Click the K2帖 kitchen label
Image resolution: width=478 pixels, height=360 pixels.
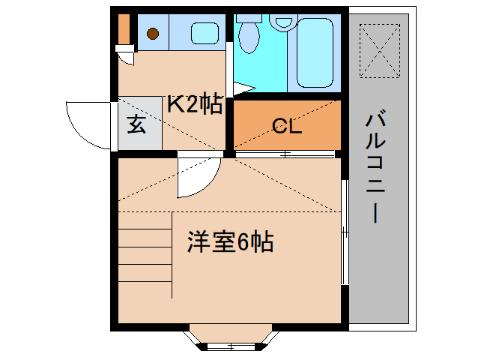194,104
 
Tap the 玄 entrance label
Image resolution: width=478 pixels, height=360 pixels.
136,124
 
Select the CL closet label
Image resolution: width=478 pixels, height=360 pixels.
286,126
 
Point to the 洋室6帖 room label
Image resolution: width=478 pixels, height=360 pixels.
229,241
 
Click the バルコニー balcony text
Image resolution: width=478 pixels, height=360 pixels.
377,167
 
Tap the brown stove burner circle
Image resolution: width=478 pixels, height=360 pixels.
153,33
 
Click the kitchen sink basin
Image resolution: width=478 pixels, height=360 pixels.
203,33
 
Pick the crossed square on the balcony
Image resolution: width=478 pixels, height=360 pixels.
379,50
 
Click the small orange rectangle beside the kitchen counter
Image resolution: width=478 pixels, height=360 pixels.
124,30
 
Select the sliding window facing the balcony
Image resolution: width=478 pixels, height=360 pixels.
345,232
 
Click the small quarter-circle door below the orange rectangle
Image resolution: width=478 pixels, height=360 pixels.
126,56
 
